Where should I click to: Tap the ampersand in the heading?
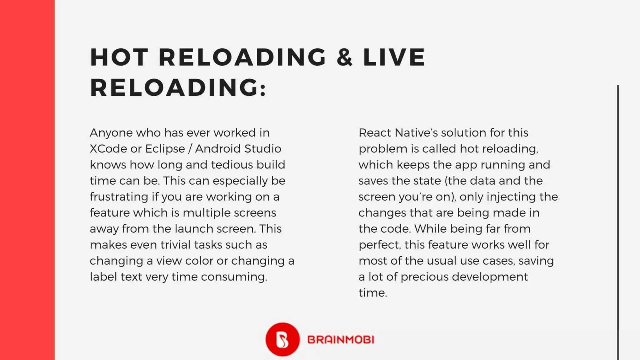click(344, 57)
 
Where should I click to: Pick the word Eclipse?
click(165, 149)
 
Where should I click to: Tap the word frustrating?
click(119, 197)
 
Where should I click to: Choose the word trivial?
click(175, 245)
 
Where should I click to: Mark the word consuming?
click(234, 277)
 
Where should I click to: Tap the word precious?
click(424, 277)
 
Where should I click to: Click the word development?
click(490, 277)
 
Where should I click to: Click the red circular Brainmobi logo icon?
click(282, 339)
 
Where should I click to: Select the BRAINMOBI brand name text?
click(341, 340)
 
